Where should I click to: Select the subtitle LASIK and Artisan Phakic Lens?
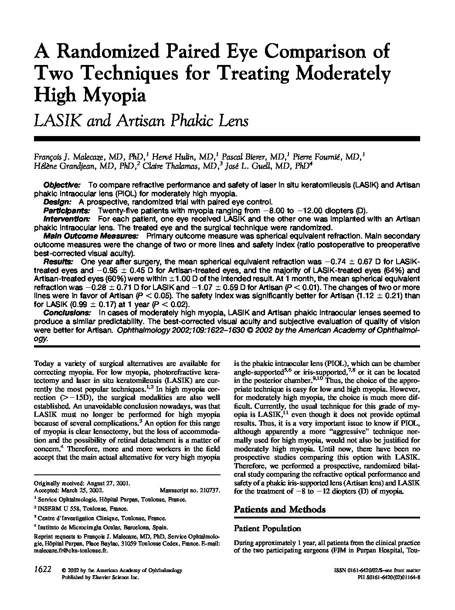coord(141,120)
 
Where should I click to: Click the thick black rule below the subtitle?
coord(227,139)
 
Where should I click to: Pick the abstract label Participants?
coord(65,210)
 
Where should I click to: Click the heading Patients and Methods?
coord(279,509)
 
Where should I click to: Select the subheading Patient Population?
coord(267,528)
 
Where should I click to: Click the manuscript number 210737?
coord(210,490)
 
